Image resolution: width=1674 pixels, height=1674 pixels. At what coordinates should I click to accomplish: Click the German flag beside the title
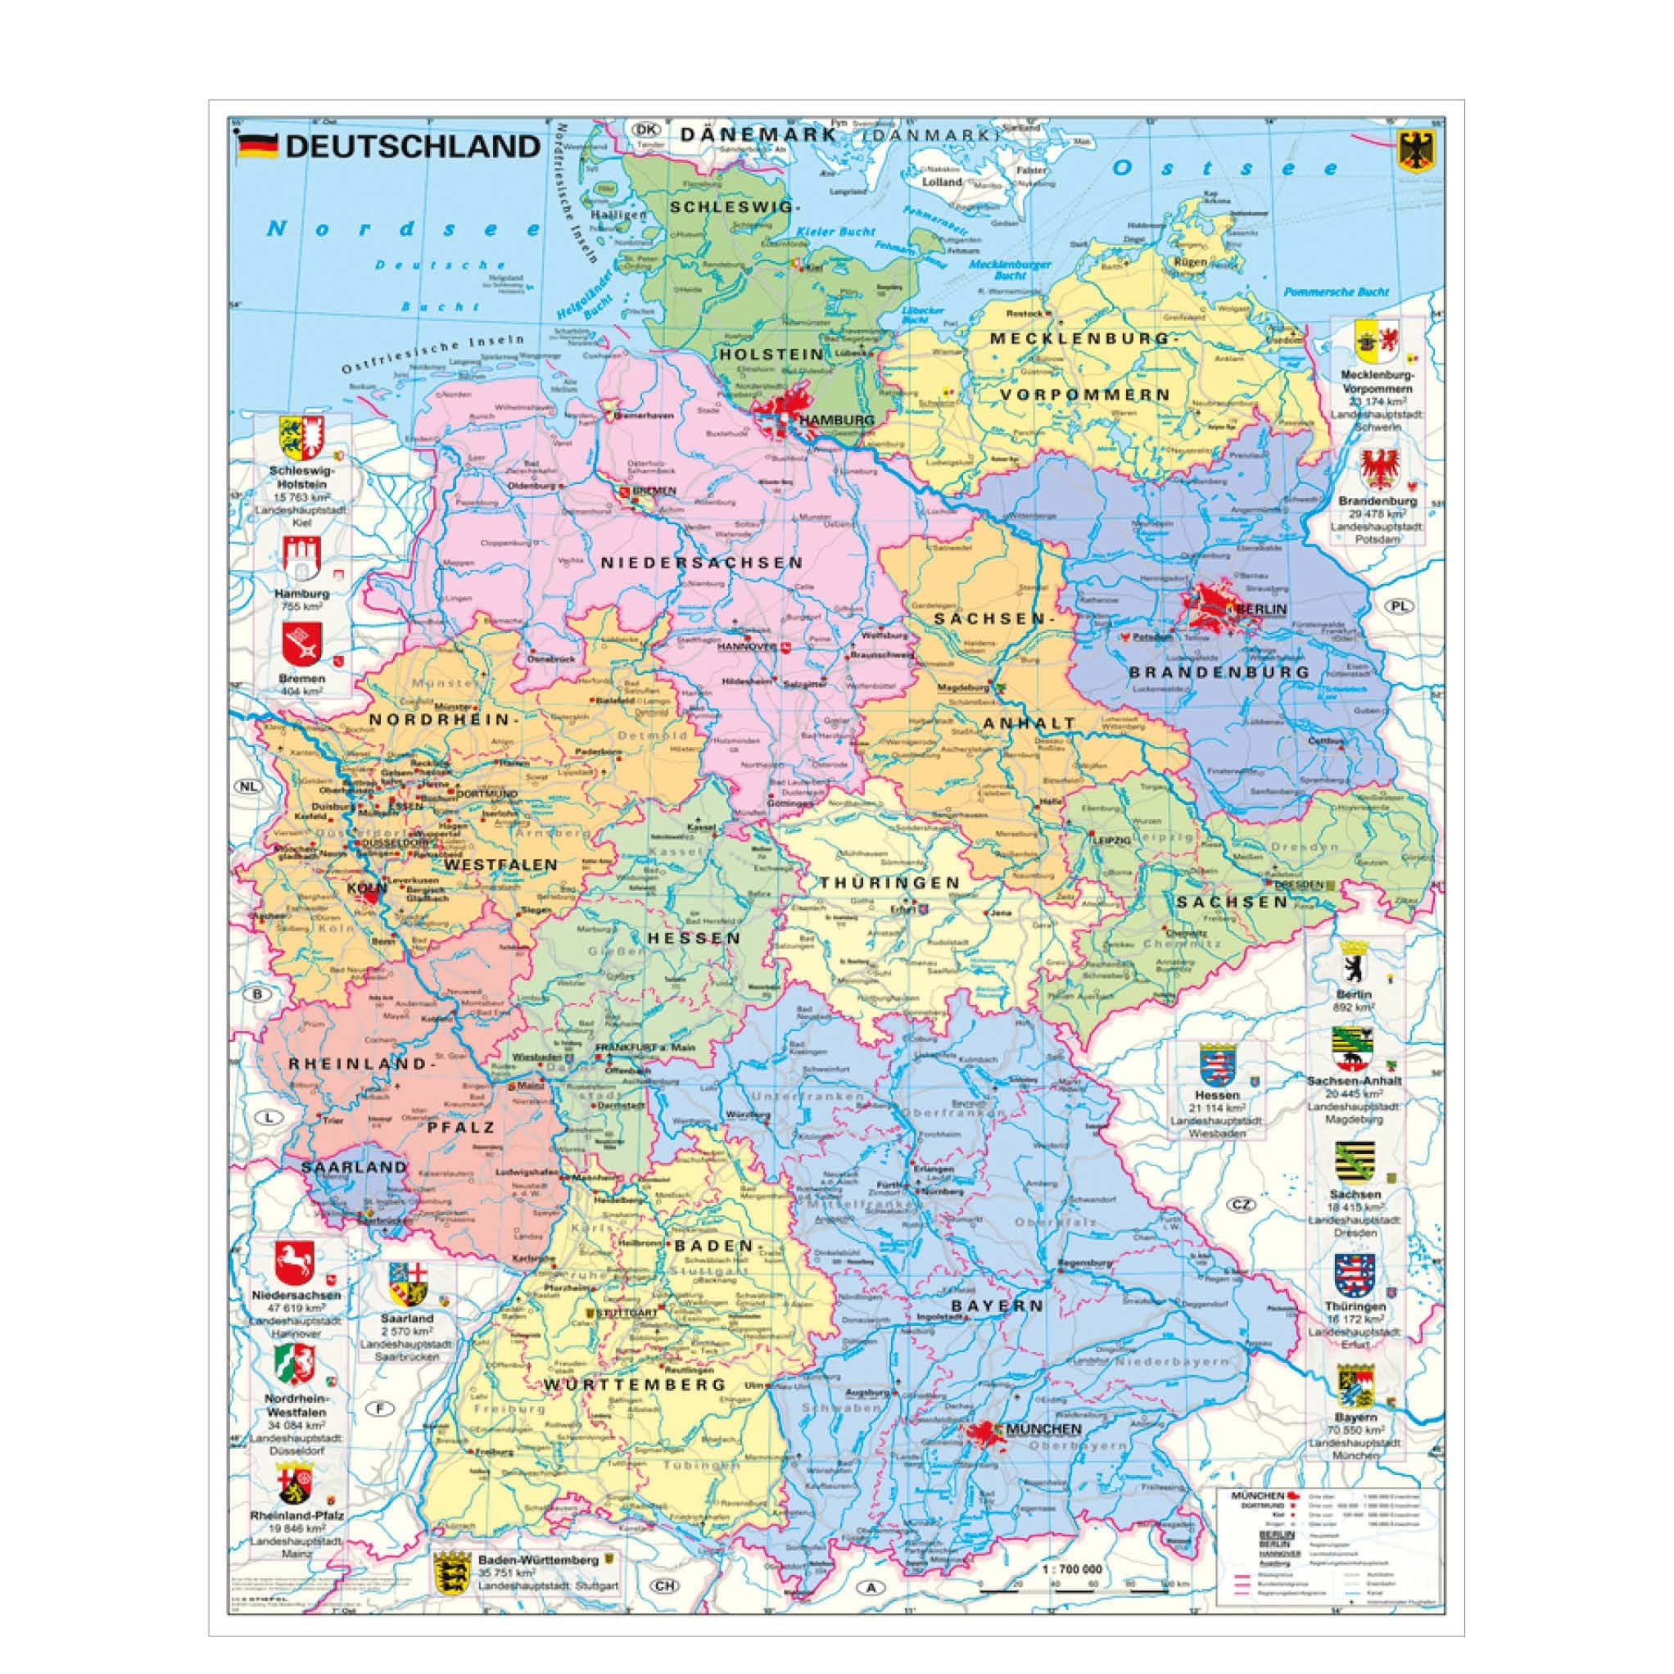click(257, 146)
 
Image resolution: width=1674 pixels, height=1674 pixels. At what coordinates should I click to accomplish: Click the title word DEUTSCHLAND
click(413, 147)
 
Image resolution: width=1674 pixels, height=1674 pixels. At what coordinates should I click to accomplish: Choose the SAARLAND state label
click(354, 1167)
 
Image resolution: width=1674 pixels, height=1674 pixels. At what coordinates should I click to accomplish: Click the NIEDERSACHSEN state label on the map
click(703, 563)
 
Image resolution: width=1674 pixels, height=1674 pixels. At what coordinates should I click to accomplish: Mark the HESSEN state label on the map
click(692, 939)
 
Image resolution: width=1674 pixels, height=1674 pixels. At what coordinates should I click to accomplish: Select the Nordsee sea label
click(403, 229)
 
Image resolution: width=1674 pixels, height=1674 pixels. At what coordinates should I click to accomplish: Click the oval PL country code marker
click(1400, 607)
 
